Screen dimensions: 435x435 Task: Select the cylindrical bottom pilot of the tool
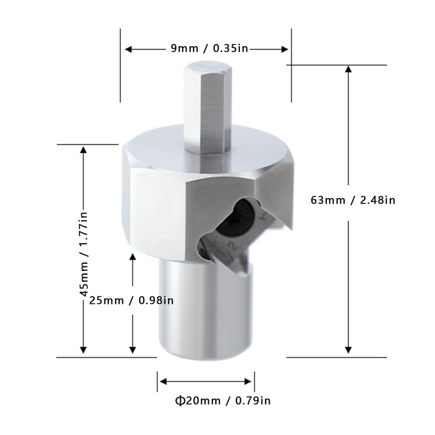click(x=205, y=310)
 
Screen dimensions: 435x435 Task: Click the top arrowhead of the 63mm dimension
click(x=349, y=69)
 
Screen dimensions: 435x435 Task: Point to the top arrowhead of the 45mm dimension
click(x=83, y=150)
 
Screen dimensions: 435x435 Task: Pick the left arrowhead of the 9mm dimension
click(x=129, y=49)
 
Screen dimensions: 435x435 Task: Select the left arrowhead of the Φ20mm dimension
click(x=161, y=382)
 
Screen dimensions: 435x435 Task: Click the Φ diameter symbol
click(x=179, y=401)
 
